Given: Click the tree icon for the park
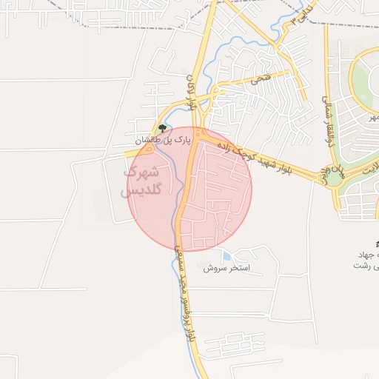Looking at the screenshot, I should coord(163,128).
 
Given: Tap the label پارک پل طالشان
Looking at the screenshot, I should coord(163,138).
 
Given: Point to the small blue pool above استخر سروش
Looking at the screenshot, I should coord(226,255).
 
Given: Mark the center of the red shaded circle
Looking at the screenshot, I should coord(189,189).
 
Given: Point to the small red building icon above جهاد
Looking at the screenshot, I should coord(376,243).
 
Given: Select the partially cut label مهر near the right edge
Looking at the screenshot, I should coord(373,117).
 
